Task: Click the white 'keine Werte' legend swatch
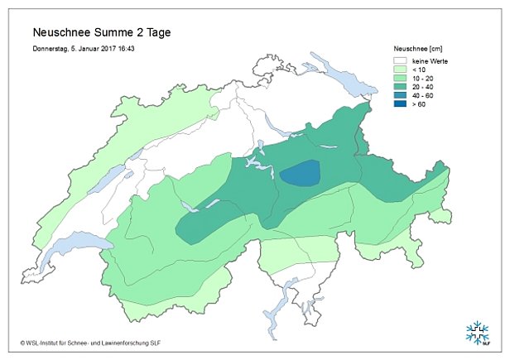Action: click(400, 61)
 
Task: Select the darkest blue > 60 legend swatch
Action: click(400, 104)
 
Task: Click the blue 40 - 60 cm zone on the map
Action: click(300, 174)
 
